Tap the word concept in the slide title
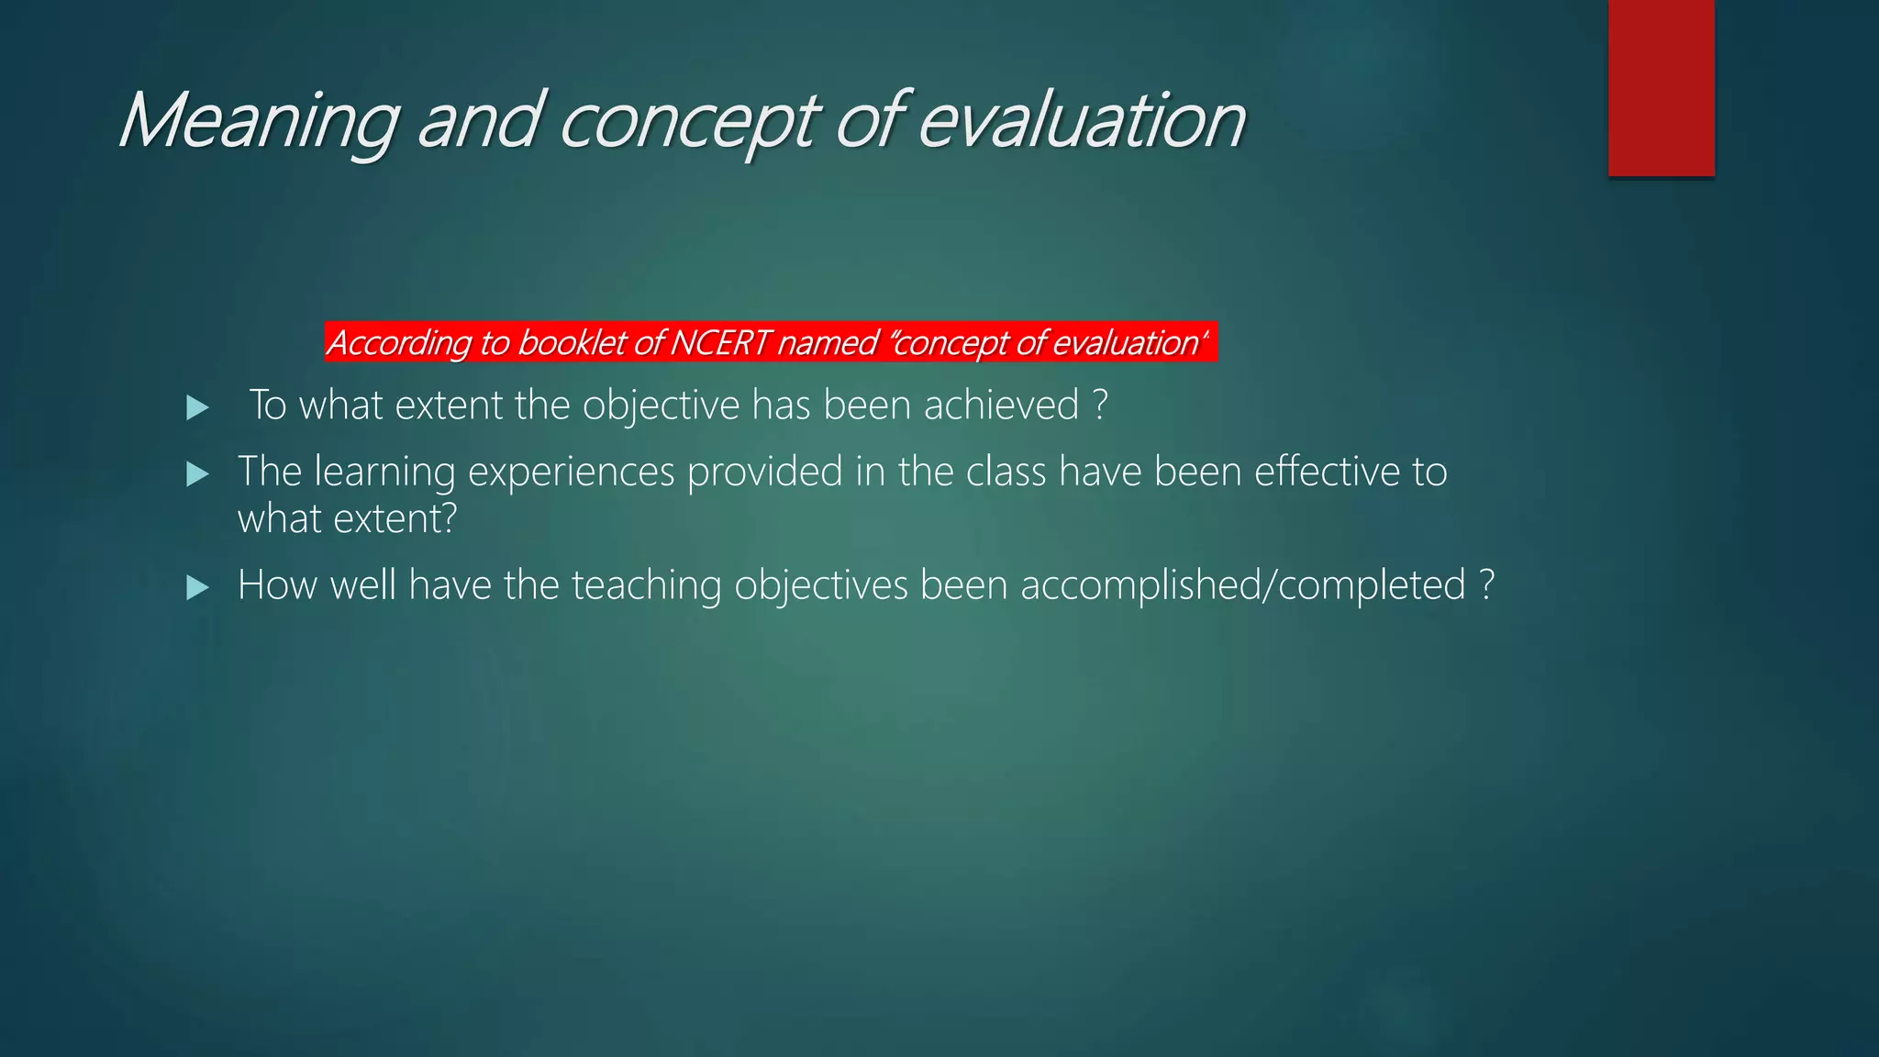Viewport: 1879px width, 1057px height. coord(687,121)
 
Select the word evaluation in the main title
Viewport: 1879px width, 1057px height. coord(1081,121)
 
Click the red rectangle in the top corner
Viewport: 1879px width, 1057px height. coord(1661,88)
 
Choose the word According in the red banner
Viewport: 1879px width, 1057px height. coord(400,342)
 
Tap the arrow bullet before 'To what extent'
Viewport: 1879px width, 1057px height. coord(197,407)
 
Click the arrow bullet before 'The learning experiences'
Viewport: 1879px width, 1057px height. coord(197,473)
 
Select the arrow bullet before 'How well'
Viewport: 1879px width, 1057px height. coord(197,587)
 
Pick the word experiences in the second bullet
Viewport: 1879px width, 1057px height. coord(571,473)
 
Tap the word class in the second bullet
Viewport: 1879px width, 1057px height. coord(1006,471)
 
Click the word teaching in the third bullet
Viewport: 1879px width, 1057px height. coord(646,585)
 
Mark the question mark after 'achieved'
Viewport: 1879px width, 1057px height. coord(1101,405)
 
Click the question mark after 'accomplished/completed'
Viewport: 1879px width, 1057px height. coord(1487,585)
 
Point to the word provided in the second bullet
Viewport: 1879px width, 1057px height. coord(764,472)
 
